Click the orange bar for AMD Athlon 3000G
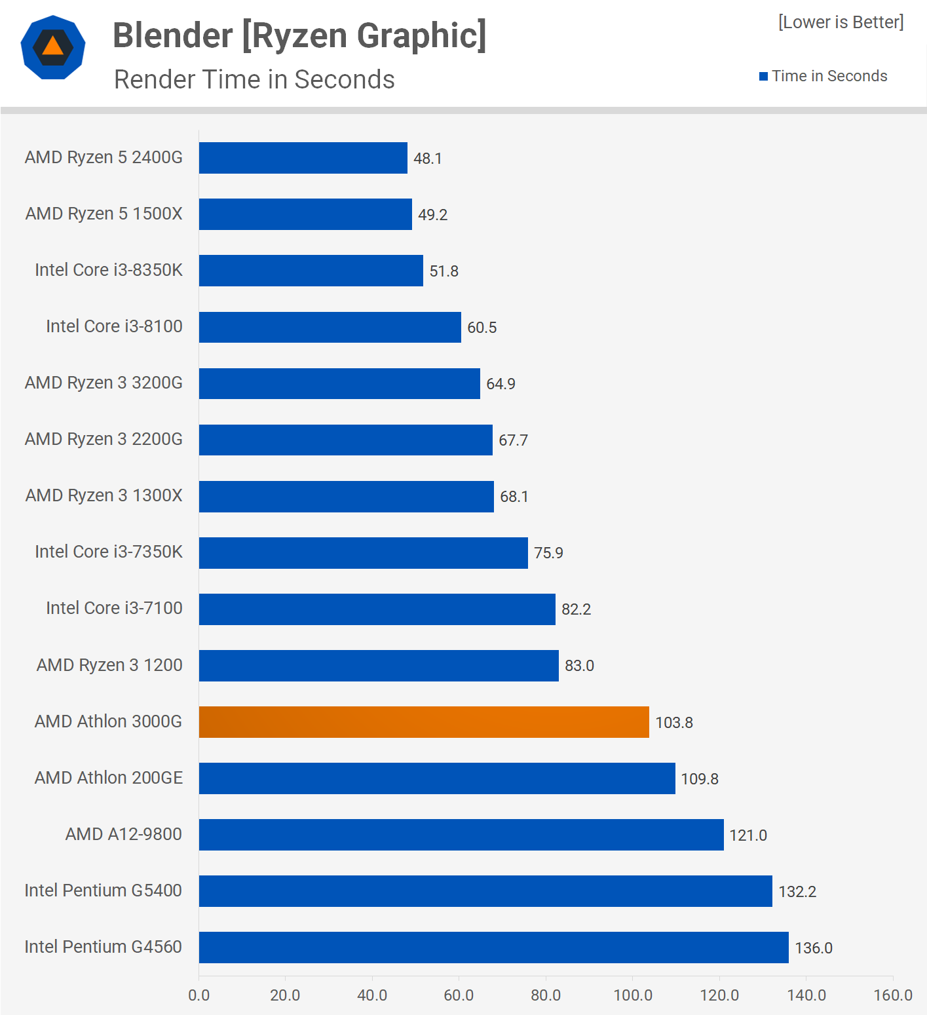click(424, 722)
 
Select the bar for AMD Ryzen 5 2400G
click(303, 158)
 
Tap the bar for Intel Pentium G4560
click(493, 948)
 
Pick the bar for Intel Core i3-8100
click(330, 327)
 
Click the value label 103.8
click(674, 723)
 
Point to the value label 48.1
click(428, 159)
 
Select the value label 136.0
click(814, 948)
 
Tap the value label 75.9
click(548, 553)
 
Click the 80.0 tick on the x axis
click(546, 995)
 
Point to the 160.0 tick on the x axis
click(893, 995)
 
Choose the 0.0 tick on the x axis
click(199, 995)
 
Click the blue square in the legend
click(763, 77)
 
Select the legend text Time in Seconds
click(829, 76)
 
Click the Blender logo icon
click(53, 47)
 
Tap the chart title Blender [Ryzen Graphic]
click(299, 35)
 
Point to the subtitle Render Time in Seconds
click(254, 79)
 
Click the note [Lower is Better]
click(841, 22)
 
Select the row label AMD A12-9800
click(124, 834)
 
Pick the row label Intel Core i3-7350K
click(109, 552)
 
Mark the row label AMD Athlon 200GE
click(109, 778)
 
